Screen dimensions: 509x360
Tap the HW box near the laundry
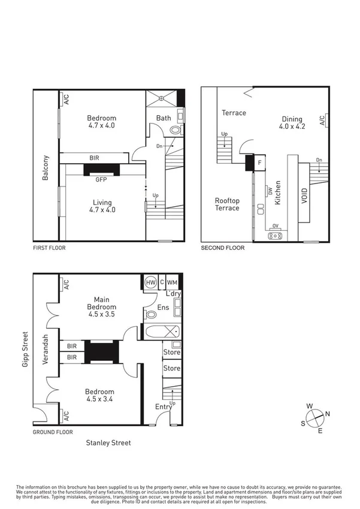pyautogui.click(x=150, y=282)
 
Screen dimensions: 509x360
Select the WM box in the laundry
pyautogui.click(x=173, y=282)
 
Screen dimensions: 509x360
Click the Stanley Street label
pyautogui.click(x=108, y=443)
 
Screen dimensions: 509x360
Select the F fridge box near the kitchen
pyautogui.click(x=259, y=162)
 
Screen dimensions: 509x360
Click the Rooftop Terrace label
pyautogui.click(x=227, y=204)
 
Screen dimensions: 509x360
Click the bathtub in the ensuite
pyautogui.click(x=160, y=332)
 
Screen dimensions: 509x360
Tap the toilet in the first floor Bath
pyautogui.click(x=176, y=130)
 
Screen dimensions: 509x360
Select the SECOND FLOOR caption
pyautogui.click(x=222, y=248)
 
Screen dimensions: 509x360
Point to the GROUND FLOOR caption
pyautogui.click(x=53, y=432)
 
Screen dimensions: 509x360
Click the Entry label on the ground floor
pyautogui.click(x=163, y=407)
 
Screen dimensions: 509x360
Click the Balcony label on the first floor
pyautogui.click(x=46, y=168)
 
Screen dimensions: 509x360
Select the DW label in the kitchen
pyautogui.click(x=270, y=192)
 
